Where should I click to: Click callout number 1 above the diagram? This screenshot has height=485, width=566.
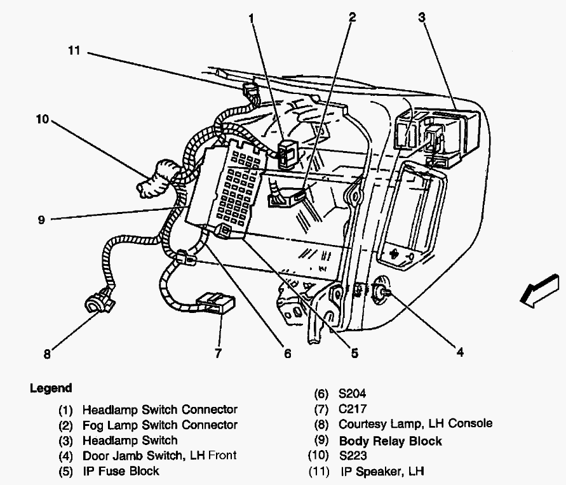pos(252,18)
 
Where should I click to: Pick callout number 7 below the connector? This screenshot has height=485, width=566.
pos(218,354)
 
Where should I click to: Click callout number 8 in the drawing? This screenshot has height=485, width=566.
pos(47,355)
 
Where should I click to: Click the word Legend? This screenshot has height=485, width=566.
pos(51,388)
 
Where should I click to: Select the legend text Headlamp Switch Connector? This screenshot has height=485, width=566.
pos(159,409)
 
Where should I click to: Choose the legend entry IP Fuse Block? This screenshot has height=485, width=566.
pos(120,470)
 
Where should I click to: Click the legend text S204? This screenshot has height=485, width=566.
pos(353,393)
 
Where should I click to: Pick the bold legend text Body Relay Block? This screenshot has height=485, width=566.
pos(390,441)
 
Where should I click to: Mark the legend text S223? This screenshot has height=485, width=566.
pos(353,456)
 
